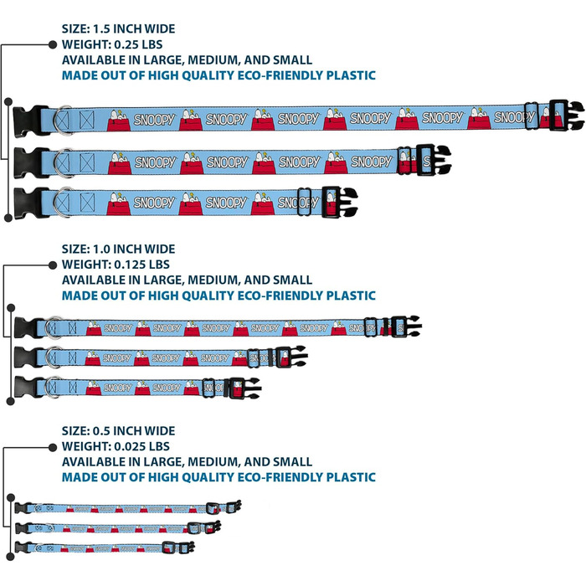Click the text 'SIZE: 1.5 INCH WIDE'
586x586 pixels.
(119, 28)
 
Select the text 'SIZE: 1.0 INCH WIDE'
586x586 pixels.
(119, 249)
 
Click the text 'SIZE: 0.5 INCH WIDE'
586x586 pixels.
(119, 430)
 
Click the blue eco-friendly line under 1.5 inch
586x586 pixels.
(218, 75)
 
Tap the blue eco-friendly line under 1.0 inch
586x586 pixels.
(218, 296)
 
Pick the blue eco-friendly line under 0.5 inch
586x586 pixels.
(218, 477)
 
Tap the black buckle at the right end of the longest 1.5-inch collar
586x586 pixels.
(561, 114)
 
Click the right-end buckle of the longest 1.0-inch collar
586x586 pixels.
(409, 326)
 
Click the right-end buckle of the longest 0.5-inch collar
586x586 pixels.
(234, 506)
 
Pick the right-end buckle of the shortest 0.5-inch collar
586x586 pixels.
(194, 547)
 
